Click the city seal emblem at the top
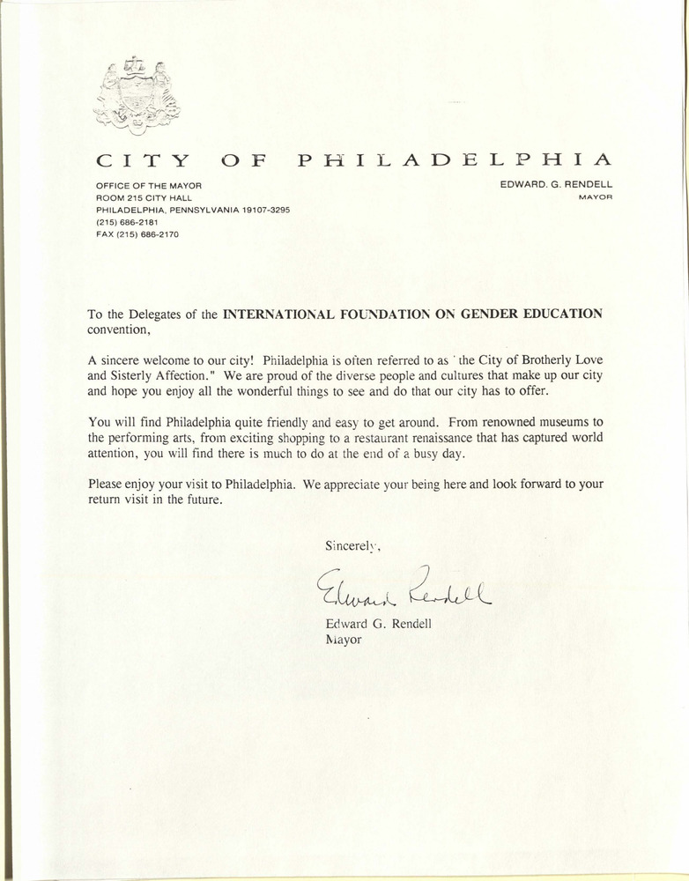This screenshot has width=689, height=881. coord(137,95)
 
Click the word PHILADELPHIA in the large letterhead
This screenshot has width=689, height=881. coord(454,160)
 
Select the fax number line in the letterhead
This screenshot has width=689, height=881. coord(137,235)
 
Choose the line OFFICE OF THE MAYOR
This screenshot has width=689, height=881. coord(148,186)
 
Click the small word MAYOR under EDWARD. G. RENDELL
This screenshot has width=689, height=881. coord(595,198)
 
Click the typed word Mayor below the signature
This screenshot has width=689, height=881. coord(344,640)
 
